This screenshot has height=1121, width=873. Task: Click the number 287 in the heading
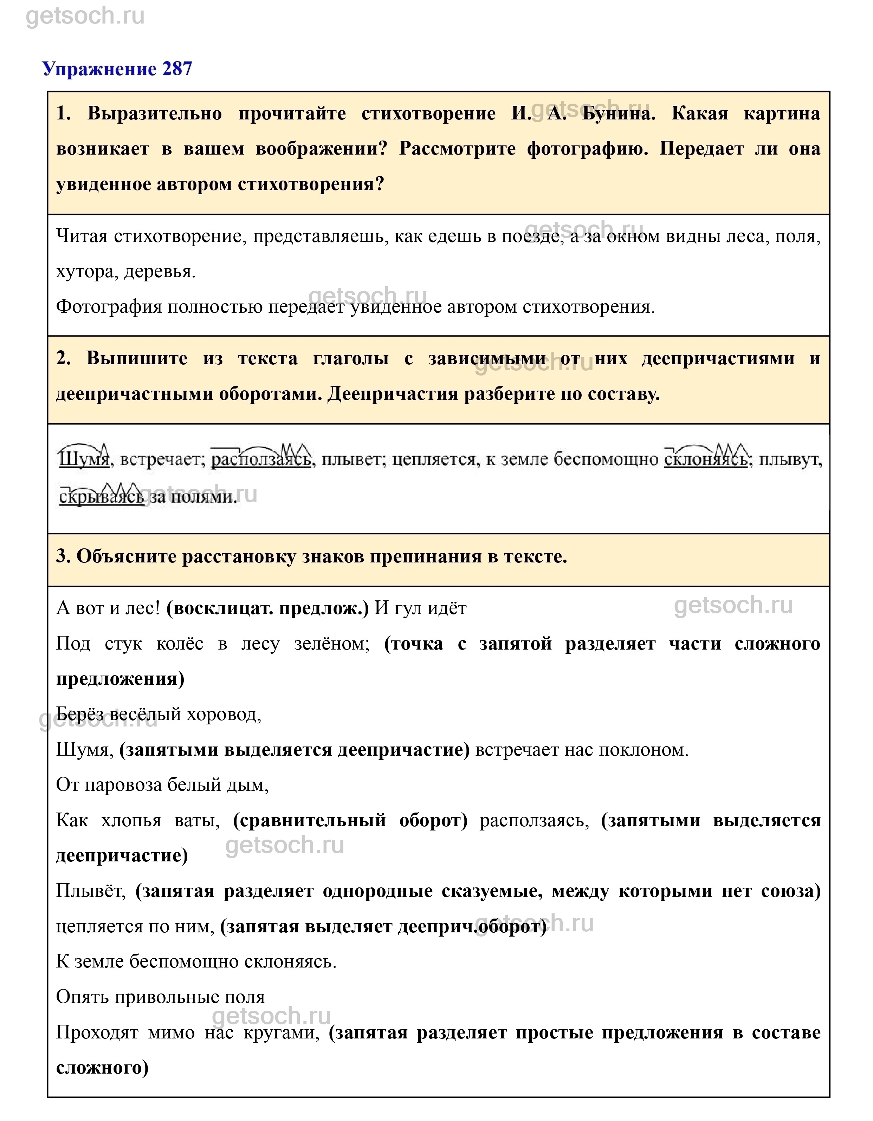point(177,69)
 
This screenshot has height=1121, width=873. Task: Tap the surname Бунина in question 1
point(619,113)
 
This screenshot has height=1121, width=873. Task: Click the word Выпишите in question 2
point(137,358)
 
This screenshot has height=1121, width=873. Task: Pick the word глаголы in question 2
point(351,358)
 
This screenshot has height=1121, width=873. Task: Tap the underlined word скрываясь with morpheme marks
point(102,496)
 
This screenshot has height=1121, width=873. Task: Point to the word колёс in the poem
point(180,644)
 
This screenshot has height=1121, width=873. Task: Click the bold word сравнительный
point(310,820)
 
